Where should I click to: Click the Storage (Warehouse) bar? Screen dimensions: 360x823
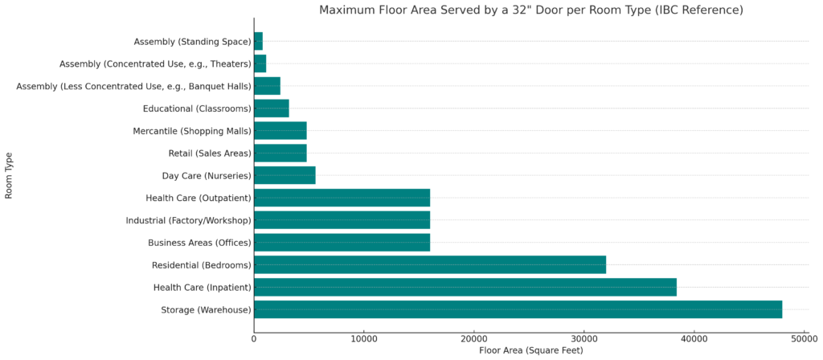pyautogui.click(x=518, y=309)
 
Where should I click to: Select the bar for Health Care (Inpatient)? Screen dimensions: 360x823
pyautogui.click(x=465, y=287)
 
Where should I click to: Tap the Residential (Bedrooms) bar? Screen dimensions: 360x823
pyautogui.click(x=429, y=265)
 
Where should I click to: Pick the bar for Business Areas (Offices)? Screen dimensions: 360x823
pyautogui.click(x=342, y=243)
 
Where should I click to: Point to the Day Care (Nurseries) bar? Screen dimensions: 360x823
pyautogui.click(x=285, y=175)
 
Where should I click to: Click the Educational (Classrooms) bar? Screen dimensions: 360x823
pyautogui.click(x=271, y=108)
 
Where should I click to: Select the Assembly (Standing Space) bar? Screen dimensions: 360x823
pyautogui.click(x=258, y=41)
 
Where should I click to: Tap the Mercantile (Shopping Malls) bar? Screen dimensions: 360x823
pyautogui.click(x=280, y=131)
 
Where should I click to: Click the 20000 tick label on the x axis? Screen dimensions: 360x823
pyautogui.click(x=473, y=337)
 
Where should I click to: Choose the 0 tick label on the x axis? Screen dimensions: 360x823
pyautogui.click(x=254, y=337)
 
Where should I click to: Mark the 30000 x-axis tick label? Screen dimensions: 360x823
pyautogui.click(x=584, y=337)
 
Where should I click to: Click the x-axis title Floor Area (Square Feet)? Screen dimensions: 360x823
pyautogui.click(x=530, y=350)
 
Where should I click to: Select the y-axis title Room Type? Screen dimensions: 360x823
pyautogui.click(x=9, y=175)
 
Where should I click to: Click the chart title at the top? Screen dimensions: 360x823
pyautogui.click(x=530, y=10)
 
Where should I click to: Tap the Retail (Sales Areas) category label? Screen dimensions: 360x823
pyautogui.click(x=204, y=153)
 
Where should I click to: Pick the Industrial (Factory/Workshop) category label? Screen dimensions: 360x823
pyautogui.click(x=188, y=220)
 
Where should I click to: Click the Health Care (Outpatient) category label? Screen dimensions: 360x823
pyautogui.click(x=198, y=198)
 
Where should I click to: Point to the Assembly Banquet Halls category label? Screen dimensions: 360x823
pyautogui.click(x=133, y=86)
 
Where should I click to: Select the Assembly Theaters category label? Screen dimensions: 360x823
pyautogui.click(x=155, y=63)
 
